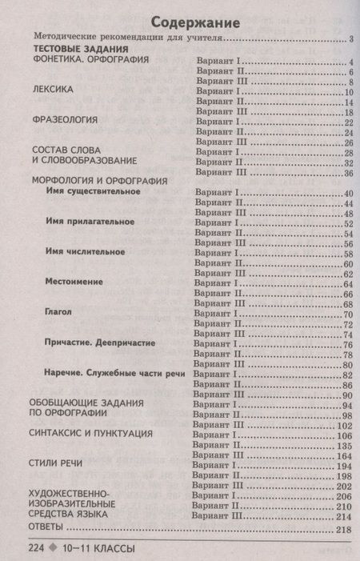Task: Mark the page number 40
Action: [x=346, y=192]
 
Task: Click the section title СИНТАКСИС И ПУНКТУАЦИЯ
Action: [x=90, y=434]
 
